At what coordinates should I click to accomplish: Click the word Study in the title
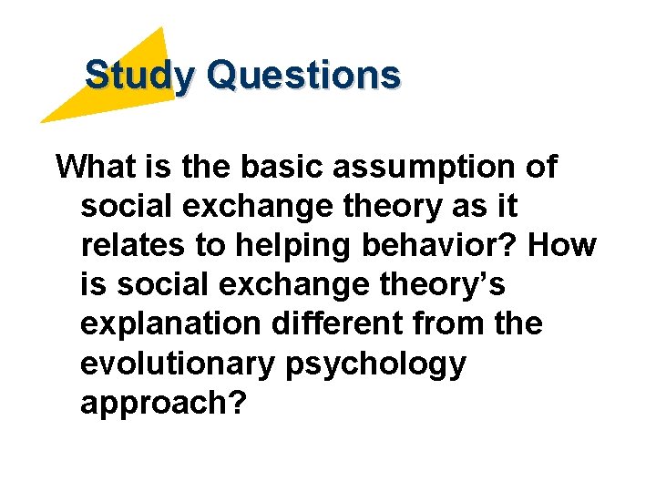click(138, 75)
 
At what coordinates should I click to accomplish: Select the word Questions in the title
click(303, 75)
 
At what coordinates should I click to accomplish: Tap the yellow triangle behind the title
click(128, 91)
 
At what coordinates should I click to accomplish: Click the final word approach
click(164, 404)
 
